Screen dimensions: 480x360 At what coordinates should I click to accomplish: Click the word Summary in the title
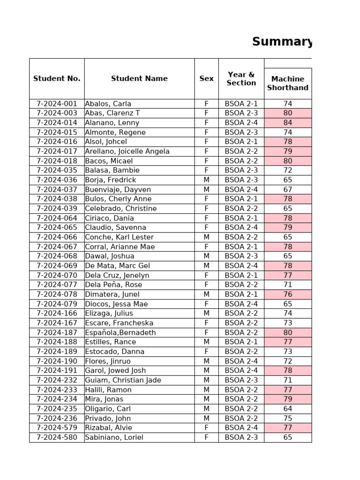click(282, 42)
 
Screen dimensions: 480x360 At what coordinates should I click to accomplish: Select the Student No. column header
click(57, 79)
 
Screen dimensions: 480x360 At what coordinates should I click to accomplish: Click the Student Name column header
click(139, 79)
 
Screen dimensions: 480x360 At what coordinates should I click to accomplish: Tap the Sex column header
click(206, 79)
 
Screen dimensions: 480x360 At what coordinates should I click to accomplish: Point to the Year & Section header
click(241, 79)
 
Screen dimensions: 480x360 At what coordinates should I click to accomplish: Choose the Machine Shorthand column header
click(287, 83)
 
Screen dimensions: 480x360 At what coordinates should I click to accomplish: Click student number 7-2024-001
click(57, 104)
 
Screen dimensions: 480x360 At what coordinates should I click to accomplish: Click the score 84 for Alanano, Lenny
click(287, 123)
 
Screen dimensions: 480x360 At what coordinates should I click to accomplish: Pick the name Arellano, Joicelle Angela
click(127, 151)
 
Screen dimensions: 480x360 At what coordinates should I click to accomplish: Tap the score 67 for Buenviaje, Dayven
click(287, 189)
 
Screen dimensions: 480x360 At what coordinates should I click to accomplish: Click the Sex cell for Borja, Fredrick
click(206, 180)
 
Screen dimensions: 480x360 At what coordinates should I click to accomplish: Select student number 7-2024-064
click(57, 218)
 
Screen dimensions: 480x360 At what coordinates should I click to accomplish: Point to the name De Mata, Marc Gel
click(118, 266)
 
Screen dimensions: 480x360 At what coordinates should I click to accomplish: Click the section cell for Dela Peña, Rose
click(241, 285)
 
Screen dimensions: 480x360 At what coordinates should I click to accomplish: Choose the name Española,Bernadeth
click(120, 332)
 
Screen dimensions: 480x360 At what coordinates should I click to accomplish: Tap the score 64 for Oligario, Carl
click(287, 409)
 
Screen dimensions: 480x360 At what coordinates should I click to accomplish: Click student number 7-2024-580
click(57, 437)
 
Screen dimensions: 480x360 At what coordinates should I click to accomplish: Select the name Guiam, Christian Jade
click(123, 380)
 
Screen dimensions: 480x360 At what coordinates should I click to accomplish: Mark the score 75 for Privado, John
click(287, 418)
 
